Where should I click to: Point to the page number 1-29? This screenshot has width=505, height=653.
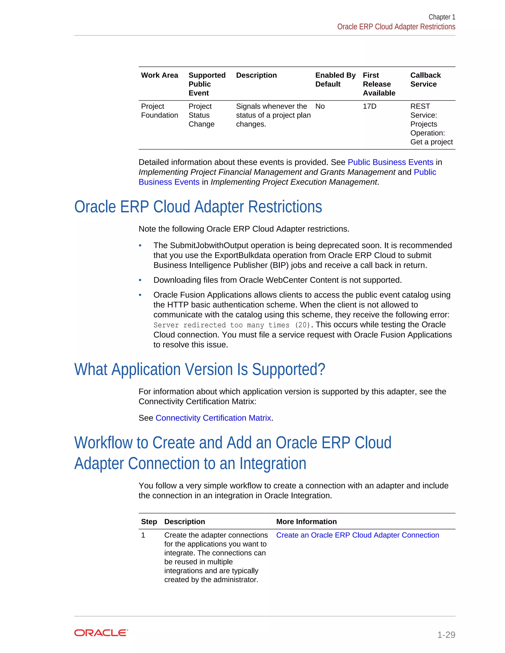click(446, 635)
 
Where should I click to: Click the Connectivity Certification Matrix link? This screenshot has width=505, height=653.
click(213, 418)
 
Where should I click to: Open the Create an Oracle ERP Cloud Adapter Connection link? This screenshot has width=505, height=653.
click(358, 535)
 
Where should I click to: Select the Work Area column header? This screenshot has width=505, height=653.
click(160, 75)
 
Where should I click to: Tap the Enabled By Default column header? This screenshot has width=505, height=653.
click(335, 80)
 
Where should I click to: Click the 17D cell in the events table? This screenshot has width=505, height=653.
click(369, 106)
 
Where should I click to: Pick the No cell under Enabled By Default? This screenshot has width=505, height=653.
click(320, 106)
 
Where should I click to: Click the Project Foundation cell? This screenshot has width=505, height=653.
click(160, 111)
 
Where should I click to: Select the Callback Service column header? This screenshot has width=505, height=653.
click(425, 80)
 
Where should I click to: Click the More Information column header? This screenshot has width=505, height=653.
click(306, 521)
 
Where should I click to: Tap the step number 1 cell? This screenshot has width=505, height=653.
click(143, 535)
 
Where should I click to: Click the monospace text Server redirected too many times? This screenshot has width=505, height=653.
click(232, 325)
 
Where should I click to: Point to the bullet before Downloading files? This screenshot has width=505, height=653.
click(140, 280)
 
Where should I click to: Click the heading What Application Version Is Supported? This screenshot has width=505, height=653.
click(199, 369)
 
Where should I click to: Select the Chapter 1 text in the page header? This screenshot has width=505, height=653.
click(442, 17)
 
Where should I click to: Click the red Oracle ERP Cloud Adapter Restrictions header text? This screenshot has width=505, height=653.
click(396, 27)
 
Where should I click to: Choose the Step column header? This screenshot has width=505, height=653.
click(149, 521)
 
